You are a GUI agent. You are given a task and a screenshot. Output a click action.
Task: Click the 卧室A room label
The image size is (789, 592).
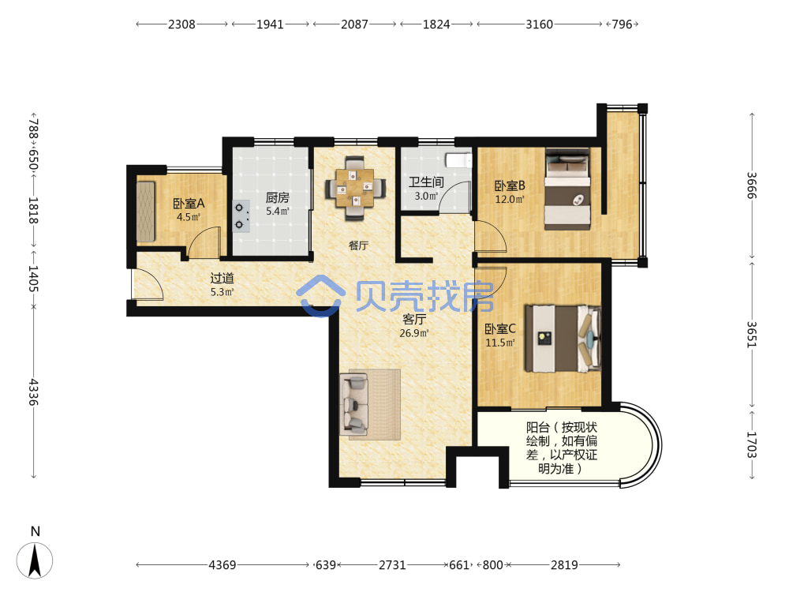point(189,204)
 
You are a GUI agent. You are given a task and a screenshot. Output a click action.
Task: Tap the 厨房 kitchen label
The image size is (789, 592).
point(277,197)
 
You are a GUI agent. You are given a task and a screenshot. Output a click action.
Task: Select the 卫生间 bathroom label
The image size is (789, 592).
point(426,182)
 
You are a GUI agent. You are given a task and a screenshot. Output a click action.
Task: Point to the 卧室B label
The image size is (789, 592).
point(510,185)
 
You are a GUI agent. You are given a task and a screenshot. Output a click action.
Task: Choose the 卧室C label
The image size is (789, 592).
point(499,328)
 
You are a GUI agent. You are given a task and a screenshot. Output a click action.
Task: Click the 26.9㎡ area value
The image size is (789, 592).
point(414,333)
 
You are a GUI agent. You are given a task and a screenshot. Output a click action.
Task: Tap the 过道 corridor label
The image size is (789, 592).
point(222,278)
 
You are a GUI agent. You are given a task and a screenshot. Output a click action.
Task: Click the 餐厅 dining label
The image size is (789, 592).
point(358,245)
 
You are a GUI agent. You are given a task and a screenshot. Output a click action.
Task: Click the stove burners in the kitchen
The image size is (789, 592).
point(241,216)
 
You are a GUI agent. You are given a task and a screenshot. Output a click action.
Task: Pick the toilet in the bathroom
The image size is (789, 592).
point(458,160)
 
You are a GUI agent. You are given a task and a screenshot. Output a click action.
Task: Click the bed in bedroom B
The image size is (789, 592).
point(567,189)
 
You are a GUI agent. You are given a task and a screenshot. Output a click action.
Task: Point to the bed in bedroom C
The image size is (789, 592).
point(563,339)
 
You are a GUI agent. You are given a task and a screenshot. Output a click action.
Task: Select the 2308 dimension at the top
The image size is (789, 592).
point(181,24)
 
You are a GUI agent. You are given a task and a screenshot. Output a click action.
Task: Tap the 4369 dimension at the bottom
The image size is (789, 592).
point(222,565)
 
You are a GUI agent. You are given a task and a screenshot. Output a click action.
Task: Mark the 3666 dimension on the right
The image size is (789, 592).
point(751,185)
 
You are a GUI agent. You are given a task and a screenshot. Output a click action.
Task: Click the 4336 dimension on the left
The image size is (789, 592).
point(33,392)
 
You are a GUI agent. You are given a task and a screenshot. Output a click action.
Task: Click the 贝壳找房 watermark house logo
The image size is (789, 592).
point(320,296)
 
